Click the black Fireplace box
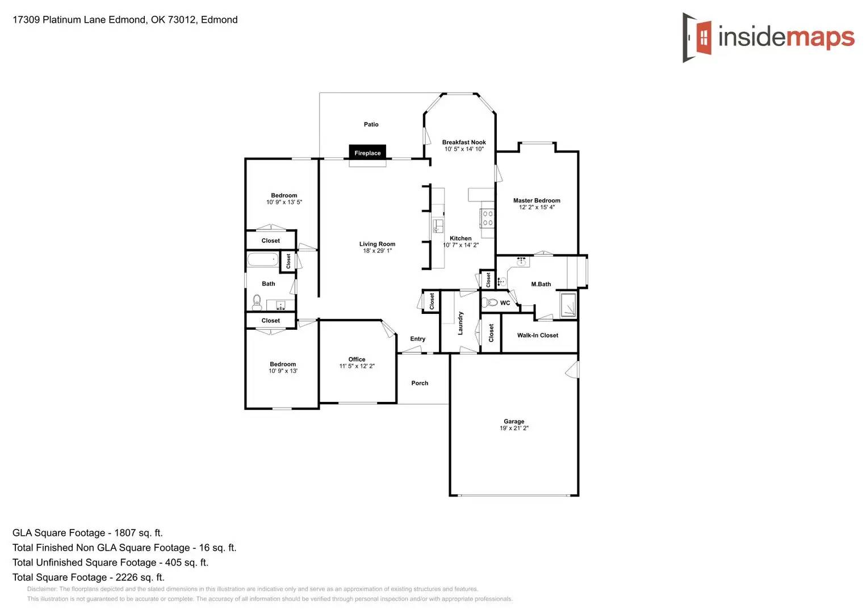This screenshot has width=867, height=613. tap(367, 152)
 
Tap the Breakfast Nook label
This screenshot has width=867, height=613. tap(464, 142)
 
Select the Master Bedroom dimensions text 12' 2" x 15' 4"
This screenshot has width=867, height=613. tap(537, 207)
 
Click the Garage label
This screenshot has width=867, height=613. tap(514, 421)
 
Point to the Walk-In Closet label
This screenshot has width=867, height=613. tap(537, 335)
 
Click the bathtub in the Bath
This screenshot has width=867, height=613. tap(263, 261)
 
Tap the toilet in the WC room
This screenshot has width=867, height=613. tap(489, 303)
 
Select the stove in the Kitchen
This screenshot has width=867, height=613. tap(487, 218)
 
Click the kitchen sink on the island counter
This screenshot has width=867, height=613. tap(438, 226)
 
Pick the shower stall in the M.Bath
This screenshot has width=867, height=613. tap(568, 305)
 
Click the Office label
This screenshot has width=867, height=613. tap(357, 359)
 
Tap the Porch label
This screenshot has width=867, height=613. tap(420, 383)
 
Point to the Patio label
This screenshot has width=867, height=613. tap(371, 124)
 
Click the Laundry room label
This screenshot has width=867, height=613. tap(460, 323)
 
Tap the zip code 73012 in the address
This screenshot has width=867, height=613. tap(182, 20)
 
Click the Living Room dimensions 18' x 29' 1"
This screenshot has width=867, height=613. tap(377, 251)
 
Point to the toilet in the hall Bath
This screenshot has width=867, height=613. tap(257, 301)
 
